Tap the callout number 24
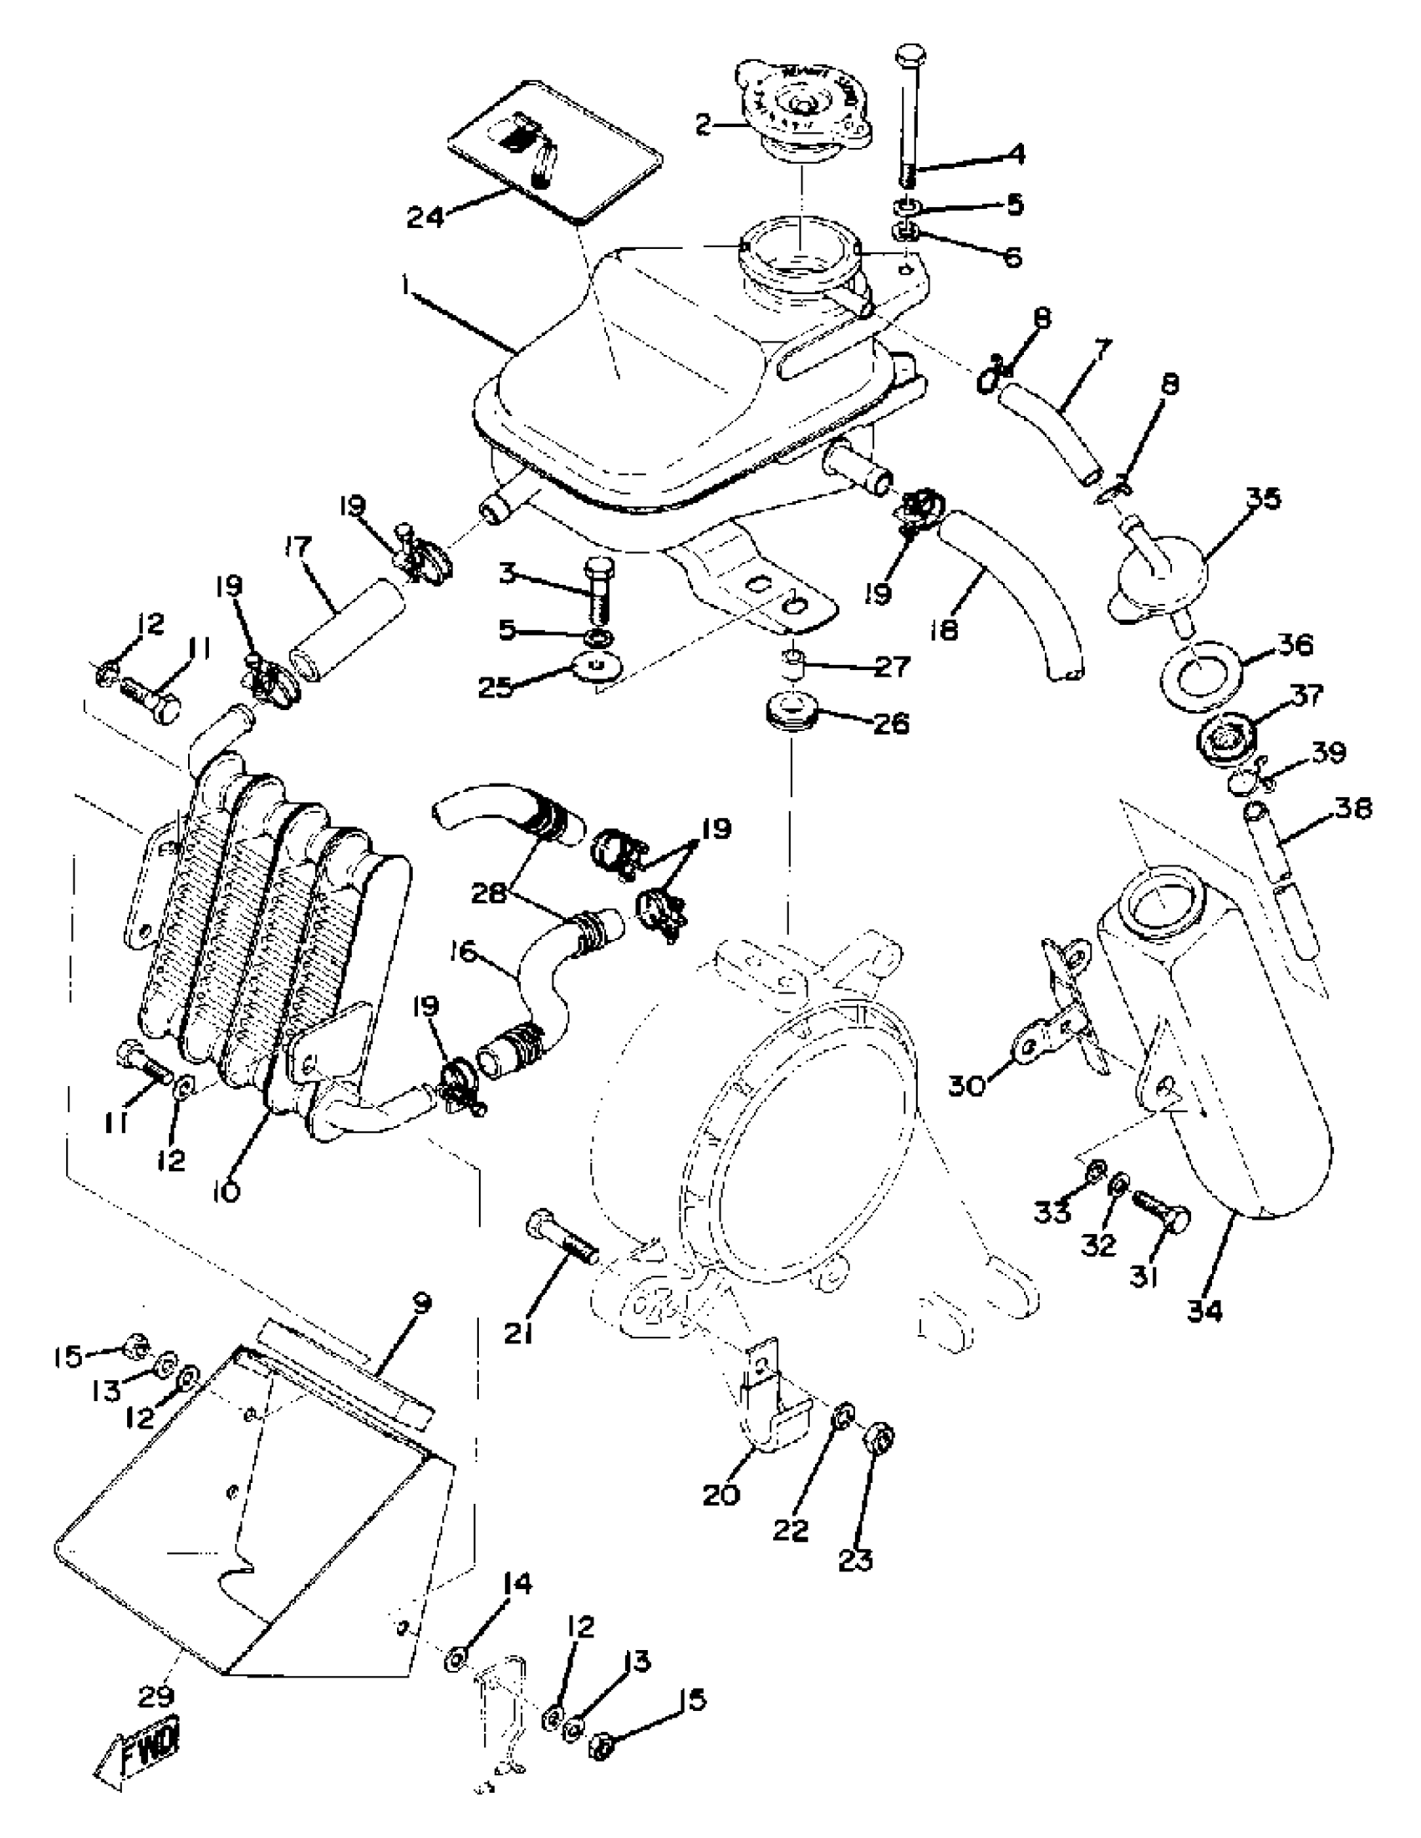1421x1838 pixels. click(428, 218)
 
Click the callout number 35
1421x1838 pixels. click(1263, 498)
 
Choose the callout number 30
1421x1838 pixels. click(967, 1086)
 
